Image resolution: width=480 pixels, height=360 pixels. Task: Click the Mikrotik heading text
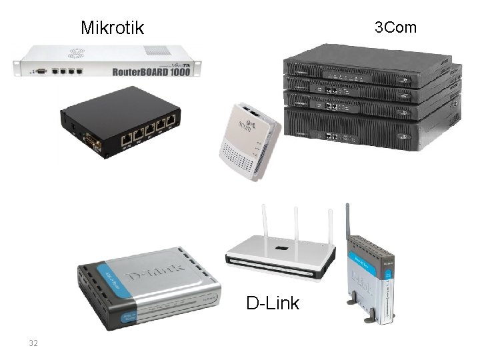tap(112, 28)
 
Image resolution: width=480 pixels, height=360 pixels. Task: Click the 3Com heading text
tap(395, 27)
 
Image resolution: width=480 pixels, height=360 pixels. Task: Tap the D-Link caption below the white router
tap(273, 303)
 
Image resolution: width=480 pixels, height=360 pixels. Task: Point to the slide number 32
tap(33, 343)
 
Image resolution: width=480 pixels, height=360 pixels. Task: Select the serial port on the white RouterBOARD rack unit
tap(41, 69)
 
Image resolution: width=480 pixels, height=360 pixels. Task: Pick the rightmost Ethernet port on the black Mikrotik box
tap(171, 120)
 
